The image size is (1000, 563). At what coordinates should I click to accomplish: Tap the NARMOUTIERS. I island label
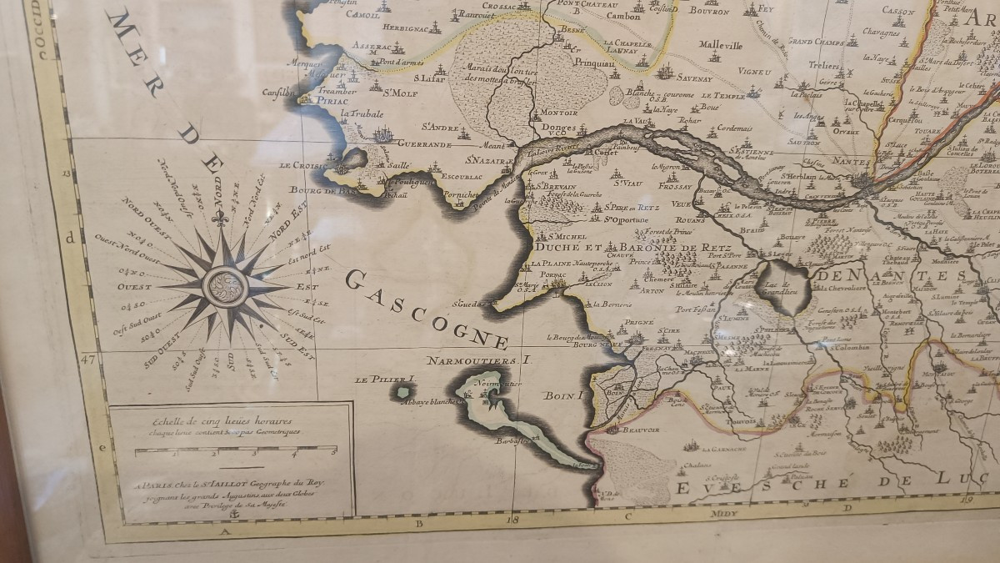coord(477,360)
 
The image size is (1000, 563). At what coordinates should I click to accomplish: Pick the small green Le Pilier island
coord(404,391)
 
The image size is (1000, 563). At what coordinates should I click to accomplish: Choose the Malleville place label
coord(720,45)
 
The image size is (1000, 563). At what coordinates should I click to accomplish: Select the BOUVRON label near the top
coord(708,12)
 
